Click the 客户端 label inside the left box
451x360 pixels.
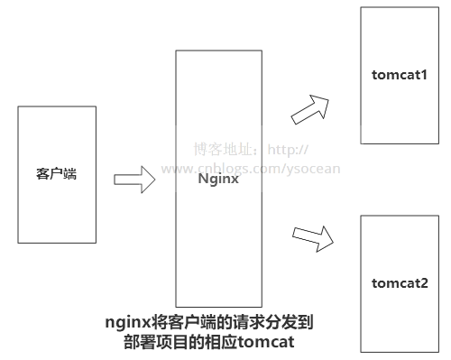(56, 174)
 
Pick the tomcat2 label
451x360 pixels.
(400, 283)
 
